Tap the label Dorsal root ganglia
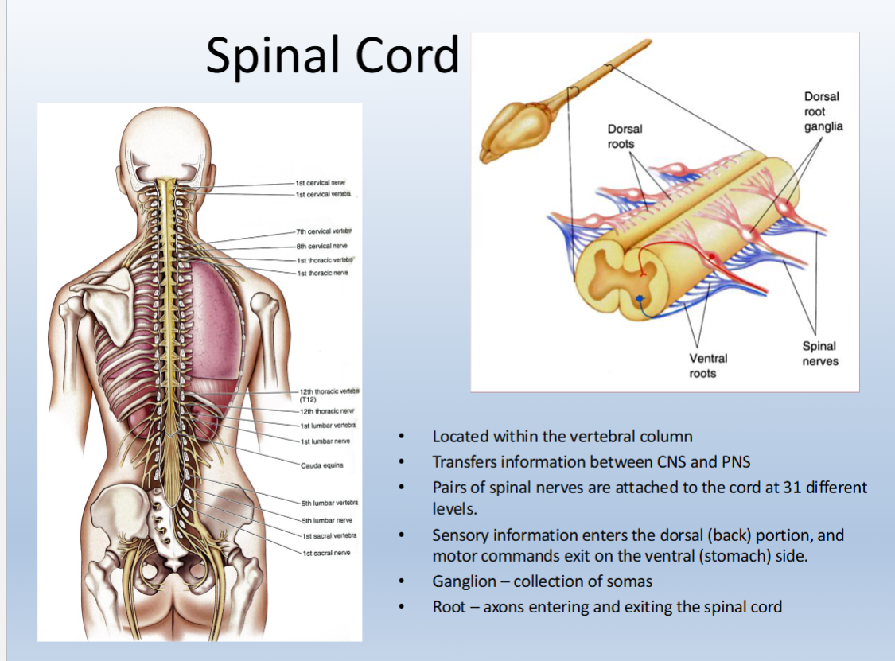pos(823,111)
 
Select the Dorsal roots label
pos(625,136)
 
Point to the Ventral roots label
pos(707,366)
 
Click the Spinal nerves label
pos(819,353)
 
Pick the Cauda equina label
pos(321,465)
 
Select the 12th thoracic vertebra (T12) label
pos(329,395)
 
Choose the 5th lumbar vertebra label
pos(329,503)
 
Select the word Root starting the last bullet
pos(449,607)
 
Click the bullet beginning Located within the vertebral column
pos(562,436)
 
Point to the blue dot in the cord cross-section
pos(640,298)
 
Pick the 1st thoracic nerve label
pos(322,273)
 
